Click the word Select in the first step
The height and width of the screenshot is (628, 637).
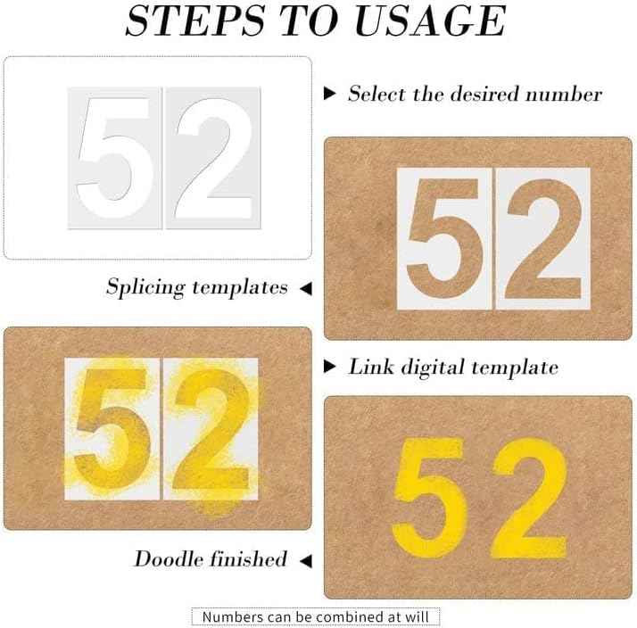(x=376, y=93)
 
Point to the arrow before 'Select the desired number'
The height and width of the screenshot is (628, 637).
(x=330, y=93)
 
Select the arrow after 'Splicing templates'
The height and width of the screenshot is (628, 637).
(x=305, y=289)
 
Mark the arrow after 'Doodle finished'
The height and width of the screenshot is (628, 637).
(x=305, y=561)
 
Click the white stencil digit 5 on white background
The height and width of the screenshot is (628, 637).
(x=114, y=147)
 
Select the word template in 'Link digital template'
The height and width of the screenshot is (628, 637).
(x=516, y=367)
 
